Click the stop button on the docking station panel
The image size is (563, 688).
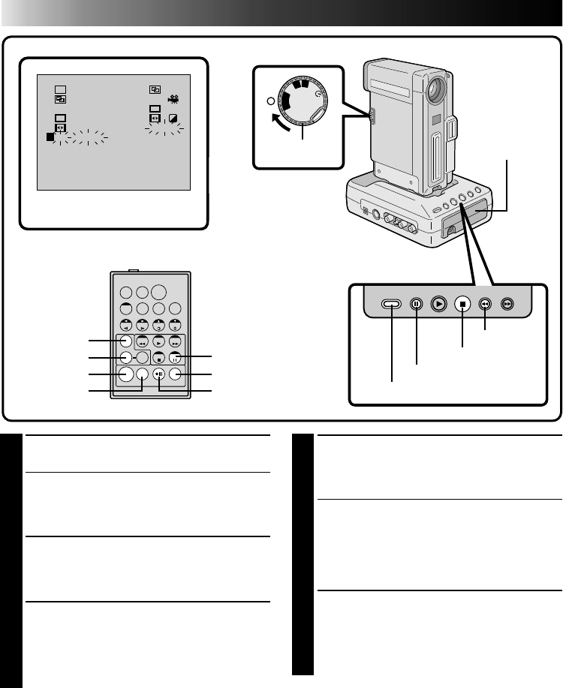(462, 305)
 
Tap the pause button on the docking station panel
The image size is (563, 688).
(416, 305)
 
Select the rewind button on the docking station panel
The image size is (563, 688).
(486, 305)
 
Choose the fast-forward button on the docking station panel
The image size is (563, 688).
(509, 305)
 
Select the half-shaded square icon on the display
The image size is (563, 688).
(173, 118)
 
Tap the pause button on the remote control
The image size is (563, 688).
(174, 358)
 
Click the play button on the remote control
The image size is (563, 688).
(158, 342)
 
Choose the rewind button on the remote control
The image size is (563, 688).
(140, 342)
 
